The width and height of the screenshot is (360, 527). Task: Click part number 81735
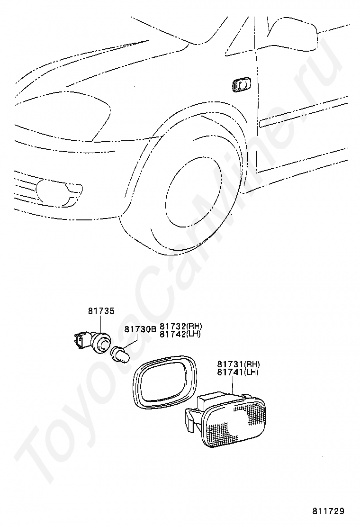tap(101, 311)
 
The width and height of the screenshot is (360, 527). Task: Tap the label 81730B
tap(140, 329)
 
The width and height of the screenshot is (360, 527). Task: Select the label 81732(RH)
tap(180, 327)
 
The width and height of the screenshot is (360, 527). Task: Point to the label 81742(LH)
tap(180, 334)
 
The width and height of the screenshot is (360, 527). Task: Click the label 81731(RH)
tap(238, 364)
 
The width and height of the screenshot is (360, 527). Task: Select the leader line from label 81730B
tap(131, 342)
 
